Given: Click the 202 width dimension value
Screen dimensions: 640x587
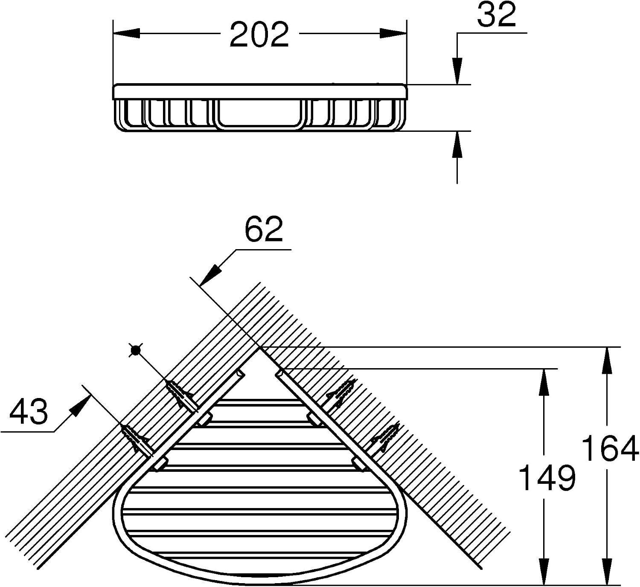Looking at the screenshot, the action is pos(259,35).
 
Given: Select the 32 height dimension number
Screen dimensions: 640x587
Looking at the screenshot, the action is pos(497,15).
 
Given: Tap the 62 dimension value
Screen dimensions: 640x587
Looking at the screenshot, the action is pos(264,230).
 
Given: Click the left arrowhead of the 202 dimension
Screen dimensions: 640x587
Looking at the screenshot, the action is pos(127,33).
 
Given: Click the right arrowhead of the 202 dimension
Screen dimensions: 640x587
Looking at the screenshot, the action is pos(393,33).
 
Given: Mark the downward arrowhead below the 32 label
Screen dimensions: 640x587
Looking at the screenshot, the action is pos(457,71).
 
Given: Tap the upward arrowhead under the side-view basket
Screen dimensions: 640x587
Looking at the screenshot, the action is pos(457,144).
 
